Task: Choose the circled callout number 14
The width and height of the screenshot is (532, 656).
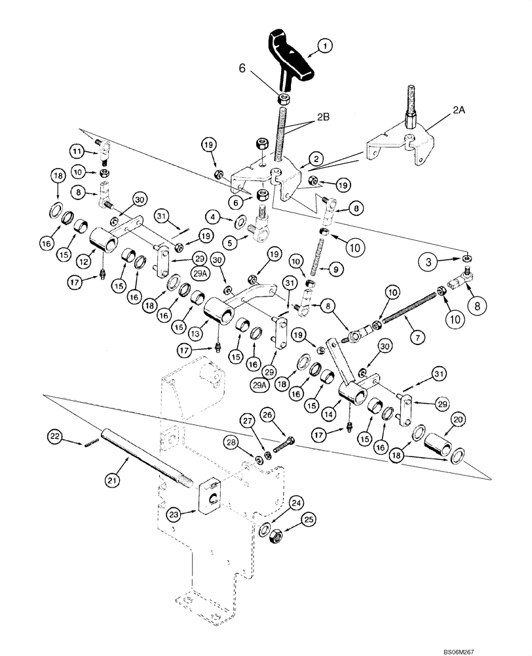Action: coord(330,415)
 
